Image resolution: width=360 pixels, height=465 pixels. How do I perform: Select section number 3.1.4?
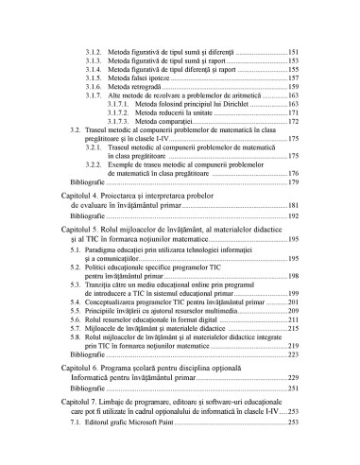(x=94, y=70)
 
